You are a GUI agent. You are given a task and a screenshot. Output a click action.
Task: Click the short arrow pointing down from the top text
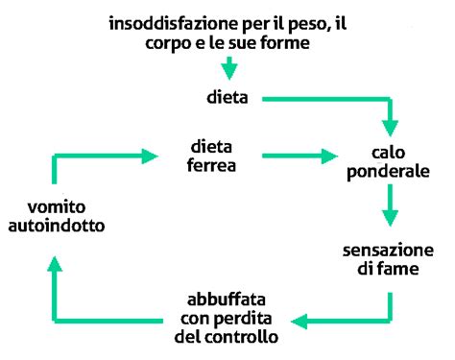pos(228,69)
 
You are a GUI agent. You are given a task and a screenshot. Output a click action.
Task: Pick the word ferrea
pos(211,165)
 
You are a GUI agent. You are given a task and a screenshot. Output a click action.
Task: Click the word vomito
pos(54,206)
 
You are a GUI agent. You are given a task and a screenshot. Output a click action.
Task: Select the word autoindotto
pos(55,226)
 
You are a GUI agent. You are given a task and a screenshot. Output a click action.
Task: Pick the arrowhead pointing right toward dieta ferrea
pos(149,155)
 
